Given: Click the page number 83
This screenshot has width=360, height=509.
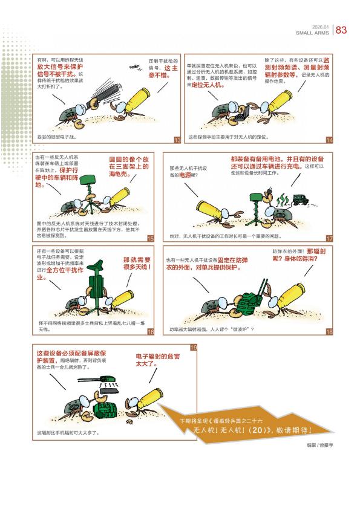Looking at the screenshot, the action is point(341,30).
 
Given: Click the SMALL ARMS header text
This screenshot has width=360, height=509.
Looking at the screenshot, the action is point(312,33).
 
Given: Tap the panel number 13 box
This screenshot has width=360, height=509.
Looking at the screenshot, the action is point(177,140).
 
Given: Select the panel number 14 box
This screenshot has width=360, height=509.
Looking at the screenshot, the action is point(330,140).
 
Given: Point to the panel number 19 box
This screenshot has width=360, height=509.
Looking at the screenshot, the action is point(194,348).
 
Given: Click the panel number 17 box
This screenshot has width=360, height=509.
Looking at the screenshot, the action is point(330,238).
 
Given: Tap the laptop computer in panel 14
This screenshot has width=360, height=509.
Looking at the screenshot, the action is point(242,114).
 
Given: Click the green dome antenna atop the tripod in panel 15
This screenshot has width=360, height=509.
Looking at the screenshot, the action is point(88,180).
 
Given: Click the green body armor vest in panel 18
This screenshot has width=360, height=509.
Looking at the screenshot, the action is point(248,304).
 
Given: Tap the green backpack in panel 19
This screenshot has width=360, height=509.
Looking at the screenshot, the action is point(105,412).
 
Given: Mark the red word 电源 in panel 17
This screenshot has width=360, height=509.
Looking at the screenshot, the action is point(185,175).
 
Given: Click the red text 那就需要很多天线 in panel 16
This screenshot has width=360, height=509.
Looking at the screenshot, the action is point(137,263).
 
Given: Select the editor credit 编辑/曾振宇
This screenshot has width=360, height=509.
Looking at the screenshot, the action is point(320,445).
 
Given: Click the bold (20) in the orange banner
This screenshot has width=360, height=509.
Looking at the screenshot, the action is point(257,430).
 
